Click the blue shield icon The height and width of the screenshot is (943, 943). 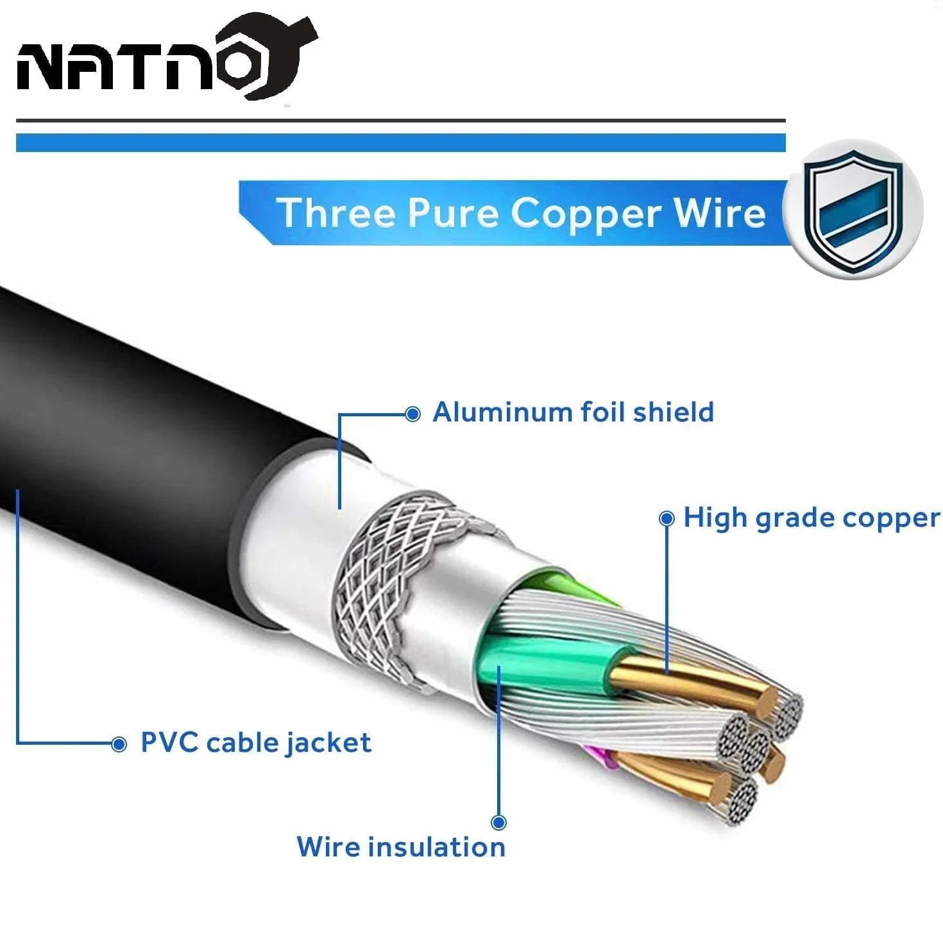coord(853,209)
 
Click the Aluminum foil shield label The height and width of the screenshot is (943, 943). coord(573,412)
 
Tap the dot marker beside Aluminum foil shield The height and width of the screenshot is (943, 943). coord(413,414)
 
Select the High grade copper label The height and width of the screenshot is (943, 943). coord(811,519)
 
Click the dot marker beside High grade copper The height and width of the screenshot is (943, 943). coord(667,519)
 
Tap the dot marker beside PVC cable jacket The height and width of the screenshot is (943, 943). coord(119,744)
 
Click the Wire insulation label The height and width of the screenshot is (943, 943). coord(402,847)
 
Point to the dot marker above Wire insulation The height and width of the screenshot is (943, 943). coord(498,822)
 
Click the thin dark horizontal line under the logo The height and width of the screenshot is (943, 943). coord(401,121)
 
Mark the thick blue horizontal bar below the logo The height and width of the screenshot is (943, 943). coord(401,142)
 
